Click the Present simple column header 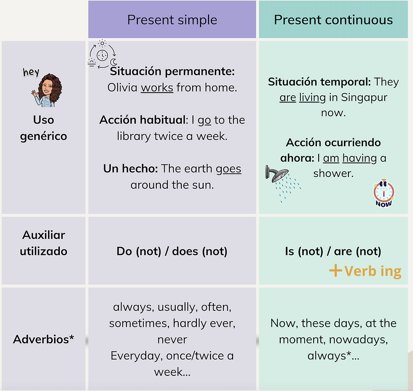pos(172,20)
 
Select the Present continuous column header pos(333,20)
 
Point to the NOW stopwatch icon pos(383,193)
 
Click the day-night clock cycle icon pos(102,55)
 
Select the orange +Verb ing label pos(365,271)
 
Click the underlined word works pos(157,88)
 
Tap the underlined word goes pos(228,169)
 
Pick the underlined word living pos(312,98)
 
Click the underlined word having pos(359,158)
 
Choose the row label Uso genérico pos(44,128)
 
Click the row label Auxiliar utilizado pos(44,243)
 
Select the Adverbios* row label pos(44,339)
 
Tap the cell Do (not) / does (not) pos(172,252)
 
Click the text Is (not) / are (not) pos(333,252)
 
